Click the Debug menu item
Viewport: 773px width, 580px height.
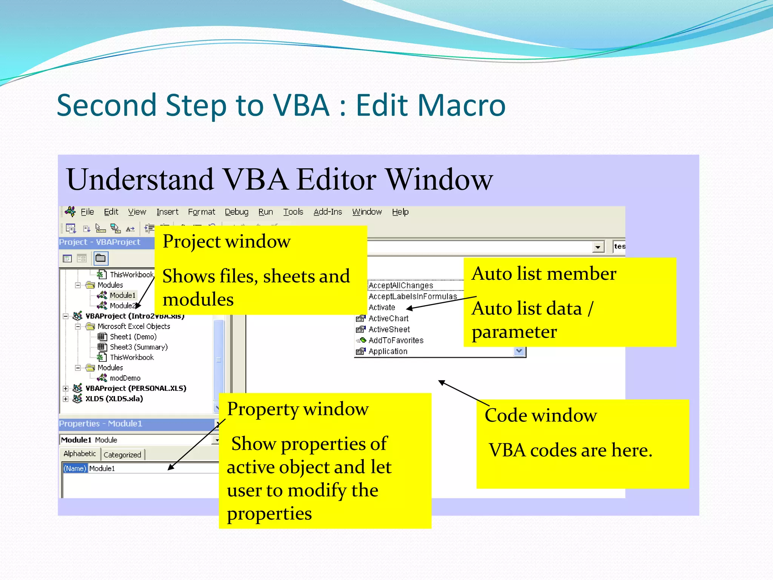236,212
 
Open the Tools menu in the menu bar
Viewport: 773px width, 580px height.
293,212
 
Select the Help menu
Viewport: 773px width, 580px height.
400,212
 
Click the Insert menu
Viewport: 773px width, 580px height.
167,212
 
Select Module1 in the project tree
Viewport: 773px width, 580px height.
122,295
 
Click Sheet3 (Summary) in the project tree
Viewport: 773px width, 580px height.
138,347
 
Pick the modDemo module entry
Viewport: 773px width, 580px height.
125,378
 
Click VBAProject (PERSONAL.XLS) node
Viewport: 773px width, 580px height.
136,388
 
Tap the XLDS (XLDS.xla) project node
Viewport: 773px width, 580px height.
114,399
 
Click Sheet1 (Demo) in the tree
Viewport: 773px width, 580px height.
133,336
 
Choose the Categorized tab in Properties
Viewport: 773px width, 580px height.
122,455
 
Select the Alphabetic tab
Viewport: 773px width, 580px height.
80,454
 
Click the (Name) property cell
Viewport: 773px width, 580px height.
75,468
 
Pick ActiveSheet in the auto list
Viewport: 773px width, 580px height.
389,329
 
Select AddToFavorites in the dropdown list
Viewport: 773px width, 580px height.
396,340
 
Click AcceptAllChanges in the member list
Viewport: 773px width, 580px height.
400,285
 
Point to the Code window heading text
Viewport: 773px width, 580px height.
540,415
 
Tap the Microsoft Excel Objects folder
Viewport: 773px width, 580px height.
133,326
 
